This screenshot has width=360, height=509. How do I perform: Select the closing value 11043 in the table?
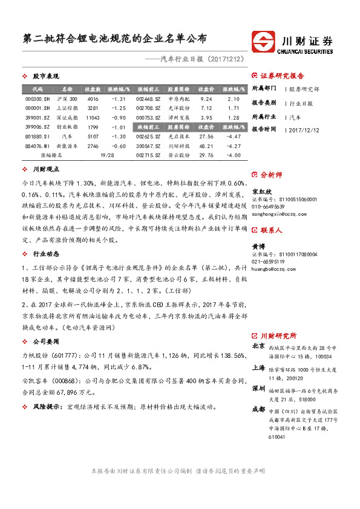[93, 118]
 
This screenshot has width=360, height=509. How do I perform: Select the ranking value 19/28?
[106, 155]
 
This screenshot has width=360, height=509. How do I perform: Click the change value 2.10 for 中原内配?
[234, 99]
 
